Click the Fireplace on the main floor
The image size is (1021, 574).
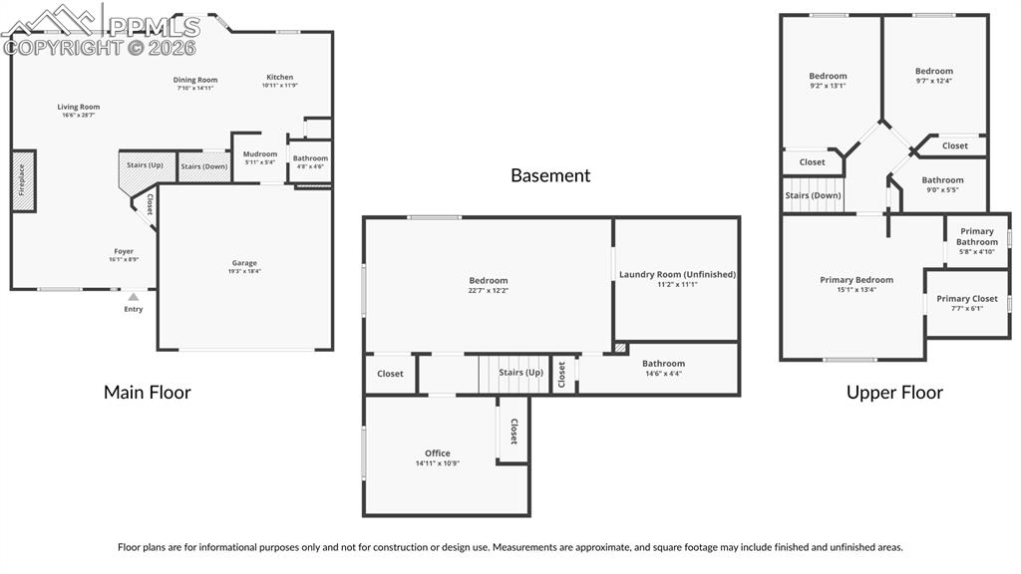pos(23,180)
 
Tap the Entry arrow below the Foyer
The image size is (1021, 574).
pos(133,296)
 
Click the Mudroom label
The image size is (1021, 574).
pos(260,154)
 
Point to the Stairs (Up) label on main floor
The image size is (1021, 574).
pos(145,164)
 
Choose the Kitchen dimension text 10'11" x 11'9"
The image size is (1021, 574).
pos(279,86)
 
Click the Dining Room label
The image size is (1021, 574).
pos(195,80)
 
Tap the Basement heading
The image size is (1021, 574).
pos(550,175)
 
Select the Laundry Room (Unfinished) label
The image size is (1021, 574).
pos(677,274)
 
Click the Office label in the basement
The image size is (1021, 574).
pos(438,453)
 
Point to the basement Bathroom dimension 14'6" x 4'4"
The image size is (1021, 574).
pos(663,374)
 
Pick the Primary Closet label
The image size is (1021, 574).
pos(966,299)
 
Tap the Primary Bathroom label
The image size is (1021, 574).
pos(976,236)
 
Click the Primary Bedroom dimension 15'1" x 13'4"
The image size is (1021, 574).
pos(856,290)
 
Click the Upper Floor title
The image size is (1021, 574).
pos(894,393)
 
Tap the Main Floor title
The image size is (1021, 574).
pos(148,393)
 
